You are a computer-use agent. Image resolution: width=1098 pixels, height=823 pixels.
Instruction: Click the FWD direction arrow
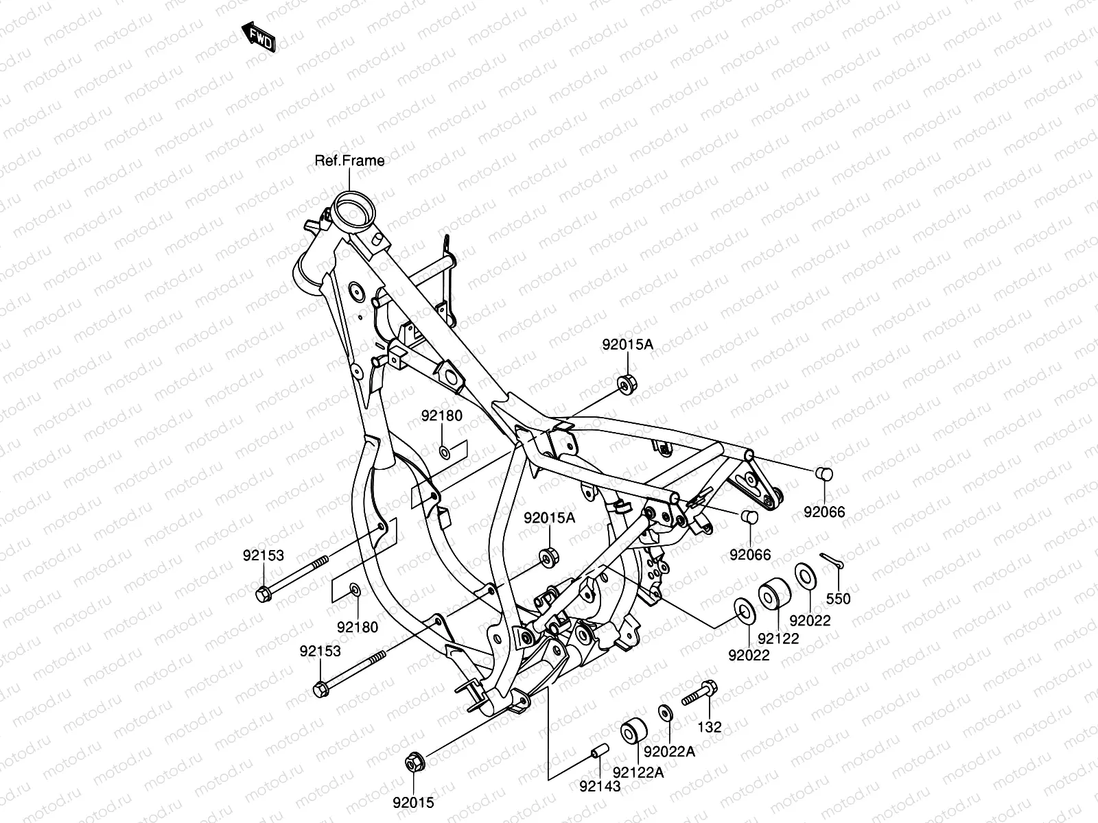click(258, 36)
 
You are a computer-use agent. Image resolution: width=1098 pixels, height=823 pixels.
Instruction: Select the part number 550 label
click(838, 599)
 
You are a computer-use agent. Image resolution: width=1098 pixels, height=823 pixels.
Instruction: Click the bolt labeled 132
click(700, 692)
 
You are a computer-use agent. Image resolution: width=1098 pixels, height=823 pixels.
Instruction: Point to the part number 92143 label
click(599, 786)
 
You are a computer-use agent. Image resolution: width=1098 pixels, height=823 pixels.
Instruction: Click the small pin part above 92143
click(598, 752)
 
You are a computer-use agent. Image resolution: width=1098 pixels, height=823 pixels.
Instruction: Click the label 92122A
click(638, 773)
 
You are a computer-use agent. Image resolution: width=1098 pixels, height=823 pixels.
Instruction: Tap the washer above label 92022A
click(665, 713)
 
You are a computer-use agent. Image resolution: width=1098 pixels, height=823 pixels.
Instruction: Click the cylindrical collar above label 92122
click(773, 594)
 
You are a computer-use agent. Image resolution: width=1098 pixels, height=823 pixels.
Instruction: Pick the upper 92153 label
click(263, 556)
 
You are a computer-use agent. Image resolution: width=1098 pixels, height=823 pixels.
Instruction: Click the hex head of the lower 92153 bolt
click(320, 688)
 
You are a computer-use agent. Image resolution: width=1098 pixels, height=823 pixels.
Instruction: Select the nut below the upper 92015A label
click(625, 384)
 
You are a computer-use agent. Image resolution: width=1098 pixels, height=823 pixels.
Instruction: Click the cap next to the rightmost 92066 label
click(823, 475)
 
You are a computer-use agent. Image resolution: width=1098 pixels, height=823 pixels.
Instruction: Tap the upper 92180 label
click(442, 416)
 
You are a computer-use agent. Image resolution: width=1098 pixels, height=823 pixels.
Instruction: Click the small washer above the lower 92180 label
click(355, 590)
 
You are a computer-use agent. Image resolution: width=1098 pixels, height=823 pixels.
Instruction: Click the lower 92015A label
click(550, 518)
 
